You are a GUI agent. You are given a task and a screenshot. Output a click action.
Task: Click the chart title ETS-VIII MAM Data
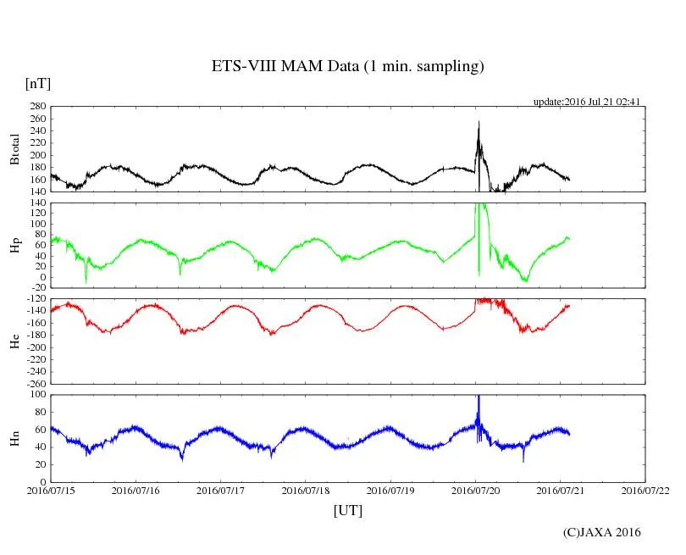tap(347, 67)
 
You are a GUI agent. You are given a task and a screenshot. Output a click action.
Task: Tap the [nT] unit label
tap(38, 84)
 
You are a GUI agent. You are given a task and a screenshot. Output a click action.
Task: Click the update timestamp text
tap(586, 102)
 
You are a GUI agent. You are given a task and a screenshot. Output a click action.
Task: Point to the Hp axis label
tap(14, 246)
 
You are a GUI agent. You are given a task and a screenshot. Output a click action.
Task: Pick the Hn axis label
tap(14, 438)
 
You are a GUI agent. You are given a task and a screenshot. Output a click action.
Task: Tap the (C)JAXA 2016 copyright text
tap(602, 532)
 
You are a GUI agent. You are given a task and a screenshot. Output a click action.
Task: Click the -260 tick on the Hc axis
tap(35, 383)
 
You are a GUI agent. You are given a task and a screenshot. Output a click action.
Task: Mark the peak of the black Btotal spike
tap(479, 122)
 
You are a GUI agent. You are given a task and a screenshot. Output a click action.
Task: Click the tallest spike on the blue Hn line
tap(479, 397)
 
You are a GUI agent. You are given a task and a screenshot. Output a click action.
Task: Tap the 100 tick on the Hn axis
tap(37, 394)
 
